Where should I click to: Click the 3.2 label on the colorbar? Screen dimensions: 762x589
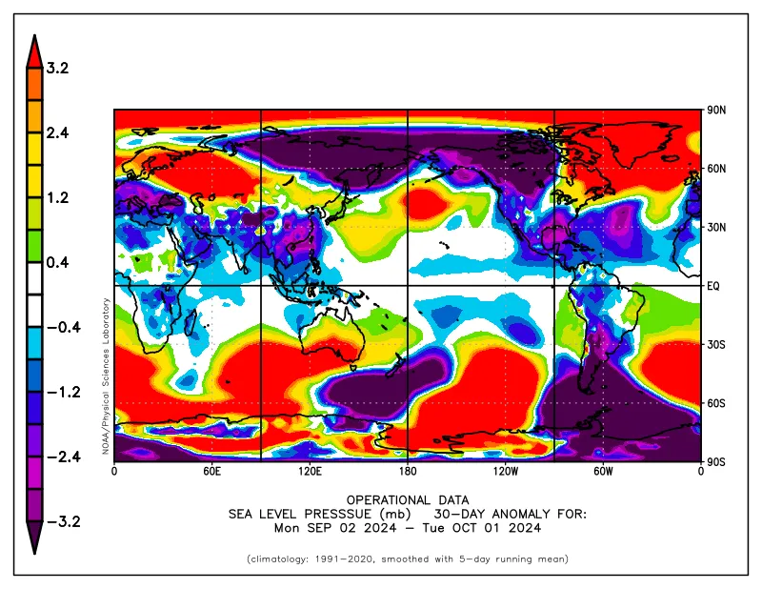point(57,68)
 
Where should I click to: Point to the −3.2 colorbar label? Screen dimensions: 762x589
point(63,522)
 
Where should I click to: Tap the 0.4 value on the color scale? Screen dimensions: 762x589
point(57,263)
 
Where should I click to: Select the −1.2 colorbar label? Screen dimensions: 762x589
point(63,392)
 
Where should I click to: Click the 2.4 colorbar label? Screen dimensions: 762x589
point(57,132)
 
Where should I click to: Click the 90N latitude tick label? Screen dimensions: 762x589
point(716,110)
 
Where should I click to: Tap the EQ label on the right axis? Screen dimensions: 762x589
point(712,286)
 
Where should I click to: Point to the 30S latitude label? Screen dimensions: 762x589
point(716,344)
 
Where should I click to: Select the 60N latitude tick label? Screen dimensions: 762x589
point(716,169)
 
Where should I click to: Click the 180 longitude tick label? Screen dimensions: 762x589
point(408,472)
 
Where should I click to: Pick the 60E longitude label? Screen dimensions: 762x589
point(212,472)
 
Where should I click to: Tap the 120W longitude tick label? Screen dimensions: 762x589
point(506,472)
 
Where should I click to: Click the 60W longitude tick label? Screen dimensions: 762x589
point(603,472)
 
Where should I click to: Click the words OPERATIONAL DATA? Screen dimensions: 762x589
point(408,500)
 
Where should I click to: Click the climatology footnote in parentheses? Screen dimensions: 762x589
point(408,559)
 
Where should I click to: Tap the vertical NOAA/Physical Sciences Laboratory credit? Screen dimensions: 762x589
point(106,376)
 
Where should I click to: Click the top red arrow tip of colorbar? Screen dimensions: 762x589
point(34,35)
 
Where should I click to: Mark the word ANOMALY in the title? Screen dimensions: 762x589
point(521,514)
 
